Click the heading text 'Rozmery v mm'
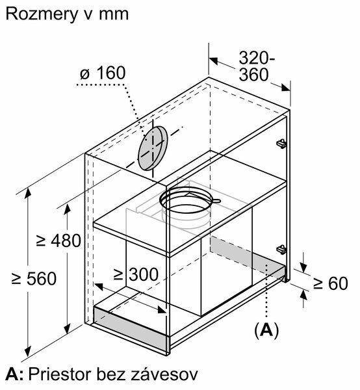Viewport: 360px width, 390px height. pyautogui.click(x=67, y=14)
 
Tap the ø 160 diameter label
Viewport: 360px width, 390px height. pyautogui.click(x=103, y=73)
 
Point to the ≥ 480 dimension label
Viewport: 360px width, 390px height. pyautogui.click(x=58, y=240)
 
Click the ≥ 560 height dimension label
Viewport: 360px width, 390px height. pyautogui.click(x=34, y=279)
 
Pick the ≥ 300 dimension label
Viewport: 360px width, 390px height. pyautogui.click(x=136, y=274)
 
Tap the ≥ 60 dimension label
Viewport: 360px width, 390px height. pyautogui.click(x=330, y=283)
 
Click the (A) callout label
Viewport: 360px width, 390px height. pyautogui.click(x=266, y=330)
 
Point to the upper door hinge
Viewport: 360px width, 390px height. pyautogui.click(x=281, y=144)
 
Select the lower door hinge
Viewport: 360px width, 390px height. pyautogui.click(x=281, y=249)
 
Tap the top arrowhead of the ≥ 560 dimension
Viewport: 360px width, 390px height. pyautogui.click(x=28, y=194)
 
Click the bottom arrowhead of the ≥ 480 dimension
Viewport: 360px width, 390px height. pyautogui.click(x=67, y=329)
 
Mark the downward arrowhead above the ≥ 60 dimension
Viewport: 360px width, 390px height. pyautogui.click(x=303, y=267)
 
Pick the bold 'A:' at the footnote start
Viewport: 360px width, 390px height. pyautogui.click(x=14, y=374)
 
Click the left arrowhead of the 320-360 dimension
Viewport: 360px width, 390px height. pyautogui.click(x=213, y=60)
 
